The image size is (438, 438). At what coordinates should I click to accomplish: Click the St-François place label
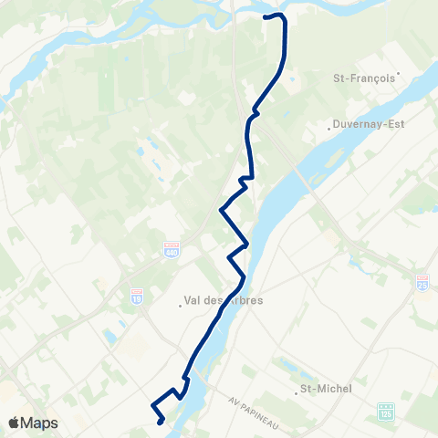click(x=364, y=78)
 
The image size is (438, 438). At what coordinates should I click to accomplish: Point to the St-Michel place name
click(x=327, y=389)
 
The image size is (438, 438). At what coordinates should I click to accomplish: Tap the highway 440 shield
click(x=171, y=247)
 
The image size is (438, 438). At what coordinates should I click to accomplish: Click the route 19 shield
click(x=136, y=296)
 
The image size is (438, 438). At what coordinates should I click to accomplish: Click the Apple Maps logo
click(x=32, y=422)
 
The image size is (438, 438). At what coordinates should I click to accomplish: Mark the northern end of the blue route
click(x=266, y=17)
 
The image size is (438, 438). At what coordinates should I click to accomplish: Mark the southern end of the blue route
click(x=160, y=422)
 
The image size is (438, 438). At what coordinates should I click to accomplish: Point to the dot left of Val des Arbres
click(x=181, y=305)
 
